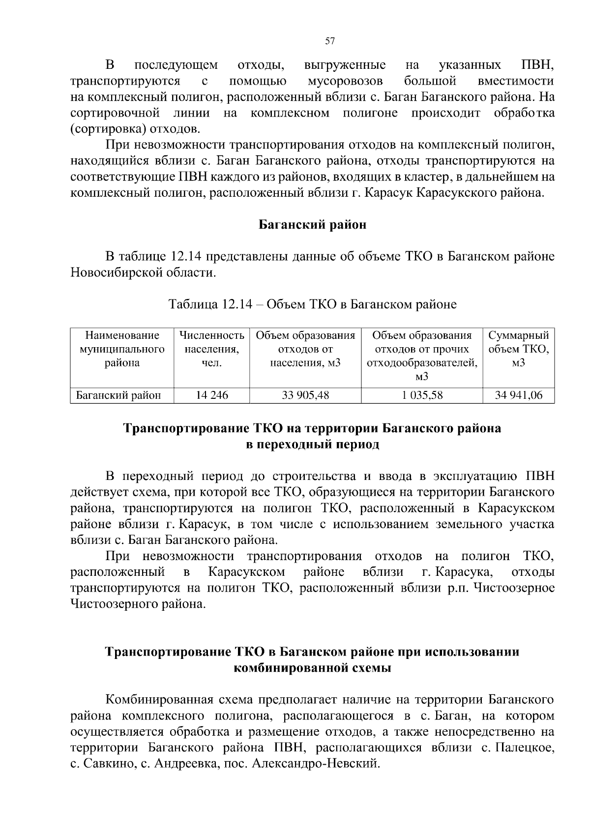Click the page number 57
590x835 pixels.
click(x=330, y=41)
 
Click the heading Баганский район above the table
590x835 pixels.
click(x=313, y=225)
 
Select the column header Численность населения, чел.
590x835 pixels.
click(x=212, y=350)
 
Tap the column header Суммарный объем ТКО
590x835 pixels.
click(x=519, y=350)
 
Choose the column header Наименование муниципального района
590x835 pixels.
click(x=122, y=350)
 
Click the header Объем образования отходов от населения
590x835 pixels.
click(x=305, y=350)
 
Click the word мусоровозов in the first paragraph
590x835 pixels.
click(x=345, y=81)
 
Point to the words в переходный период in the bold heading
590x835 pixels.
click(x=313, y=445)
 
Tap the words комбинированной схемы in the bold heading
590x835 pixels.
click(x=313, y=668)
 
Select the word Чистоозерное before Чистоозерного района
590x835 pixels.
click(x=514, y=588)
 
